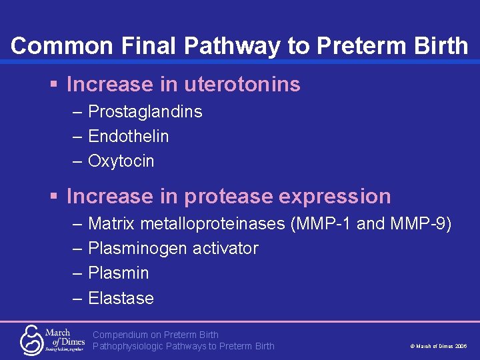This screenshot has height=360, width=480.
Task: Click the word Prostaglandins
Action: (145, 112)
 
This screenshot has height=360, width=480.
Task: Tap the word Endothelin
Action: (128, 137)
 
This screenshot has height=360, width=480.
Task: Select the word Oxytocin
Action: (121, 161)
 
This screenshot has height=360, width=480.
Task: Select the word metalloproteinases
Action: (209, 224)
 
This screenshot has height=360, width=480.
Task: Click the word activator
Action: (225, 249)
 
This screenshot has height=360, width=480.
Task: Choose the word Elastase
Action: (121, 299)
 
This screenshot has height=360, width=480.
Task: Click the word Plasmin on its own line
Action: (118, 273)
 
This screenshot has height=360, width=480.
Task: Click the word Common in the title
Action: (51, 46)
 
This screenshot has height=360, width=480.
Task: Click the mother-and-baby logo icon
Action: (31, 339)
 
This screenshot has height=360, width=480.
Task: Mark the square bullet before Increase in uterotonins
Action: (54, 85)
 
